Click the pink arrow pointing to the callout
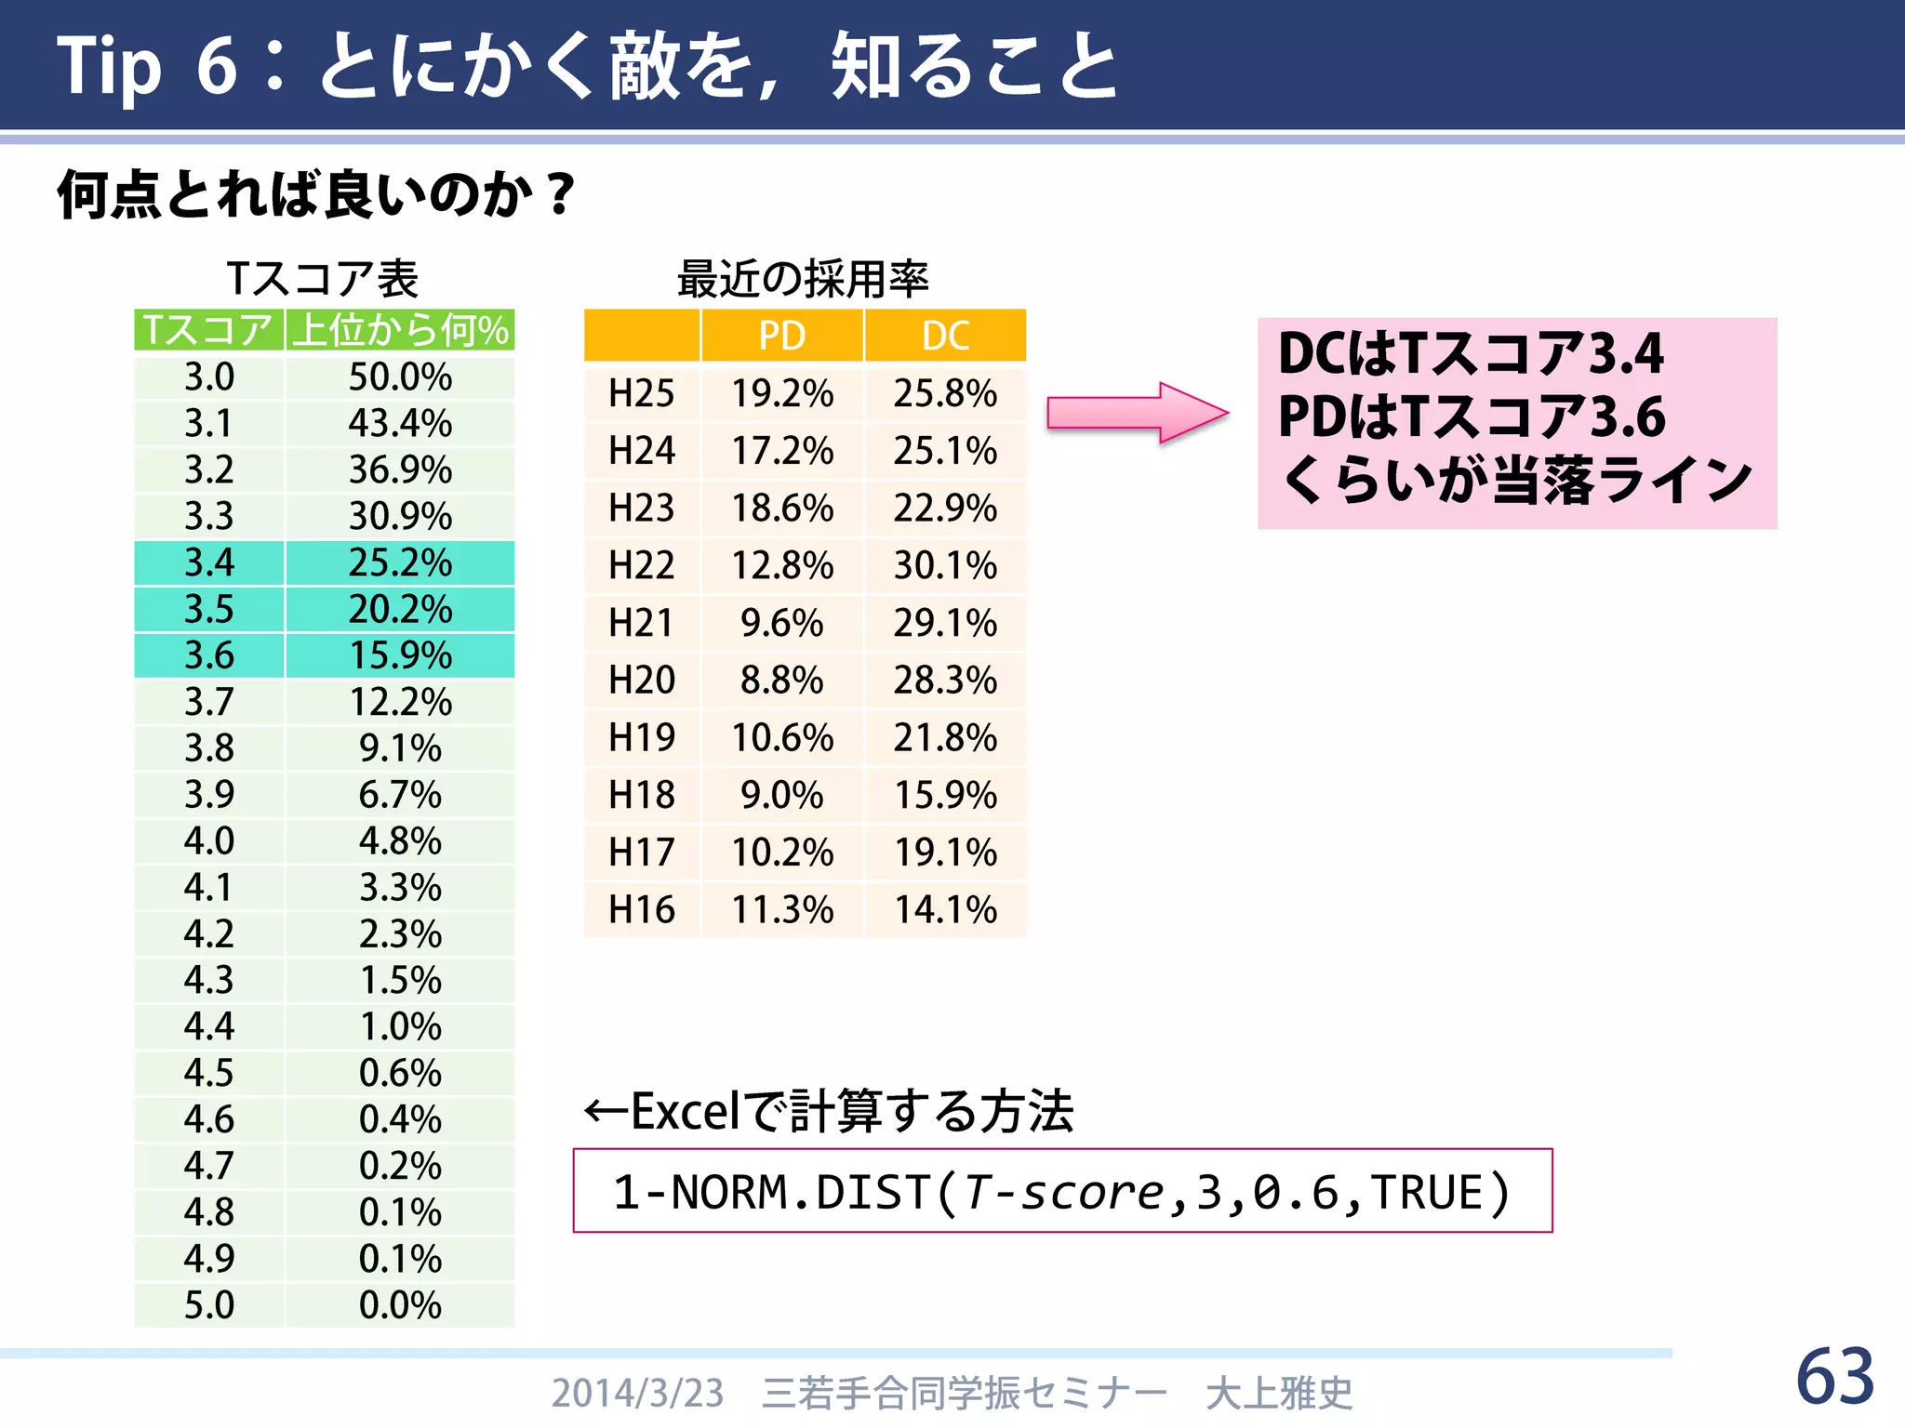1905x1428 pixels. [1137, 412]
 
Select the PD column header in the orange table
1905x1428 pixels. [781, 336]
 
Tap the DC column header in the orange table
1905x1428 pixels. [945, 336]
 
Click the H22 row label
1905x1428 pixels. [641, 565]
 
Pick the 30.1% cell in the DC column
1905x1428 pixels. [945, 565]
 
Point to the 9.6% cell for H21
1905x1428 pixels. [781, 623]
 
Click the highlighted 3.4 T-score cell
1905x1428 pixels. [209, 562]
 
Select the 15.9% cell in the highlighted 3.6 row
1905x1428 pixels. [400, 655]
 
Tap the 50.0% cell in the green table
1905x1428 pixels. [400, 377]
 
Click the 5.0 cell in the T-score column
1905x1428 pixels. [209, 1305]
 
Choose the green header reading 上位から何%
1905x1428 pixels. [400, 330]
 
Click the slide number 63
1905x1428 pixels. [1834, 1377]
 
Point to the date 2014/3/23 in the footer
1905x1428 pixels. [637, 1393]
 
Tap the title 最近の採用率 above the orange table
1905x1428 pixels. [803, 279]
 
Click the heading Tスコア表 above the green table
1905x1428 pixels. [323, 279]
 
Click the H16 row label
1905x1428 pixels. [641, 909]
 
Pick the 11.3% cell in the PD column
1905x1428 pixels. [781, 909]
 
